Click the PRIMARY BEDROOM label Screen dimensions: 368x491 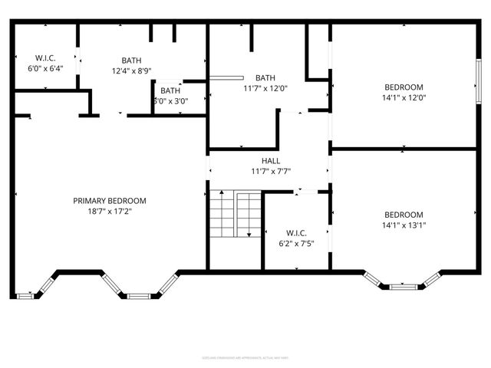pos(110,201)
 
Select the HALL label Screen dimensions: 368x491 pos(271,161)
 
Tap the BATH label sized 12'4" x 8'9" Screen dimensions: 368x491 pos(131,61)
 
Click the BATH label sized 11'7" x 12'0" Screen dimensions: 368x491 pos(265,77)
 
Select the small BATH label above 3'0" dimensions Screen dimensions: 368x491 pos(170,90)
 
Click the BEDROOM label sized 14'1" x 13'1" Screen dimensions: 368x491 pos(404,215)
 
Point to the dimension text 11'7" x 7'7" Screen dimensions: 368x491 pos(271,171)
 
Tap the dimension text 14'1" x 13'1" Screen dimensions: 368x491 pos(404,225)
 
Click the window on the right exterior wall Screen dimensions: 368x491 pos(478,77)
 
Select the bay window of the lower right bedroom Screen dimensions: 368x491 pos(404,286)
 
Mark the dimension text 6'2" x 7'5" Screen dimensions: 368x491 pos(296,245)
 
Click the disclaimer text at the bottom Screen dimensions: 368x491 pos(245,357)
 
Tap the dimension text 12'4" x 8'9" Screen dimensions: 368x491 pos(131,71)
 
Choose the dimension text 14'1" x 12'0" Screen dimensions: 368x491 pos(404,97)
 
